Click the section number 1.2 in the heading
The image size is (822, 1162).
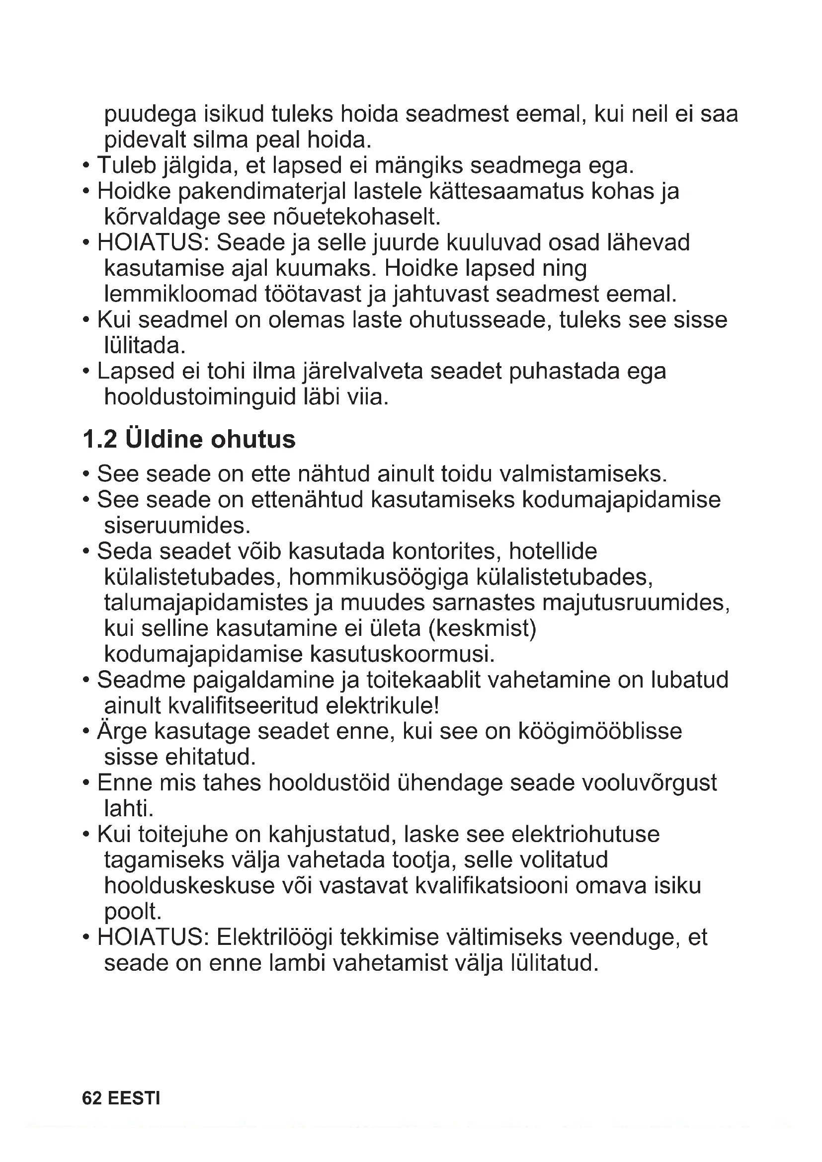pyautogui.click(x=100, y=439)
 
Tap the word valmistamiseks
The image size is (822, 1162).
pyautogui.click(x=583, y=474)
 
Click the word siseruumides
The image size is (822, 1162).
pyautogui.click(x=177, y=526)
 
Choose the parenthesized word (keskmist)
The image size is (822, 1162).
pyautogui.click(x=482, y=628)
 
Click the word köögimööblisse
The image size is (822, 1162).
pyautogui.click(x=600, y=731)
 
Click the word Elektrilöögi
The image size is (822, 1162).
pyautogui.click(x=274, y=937)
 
